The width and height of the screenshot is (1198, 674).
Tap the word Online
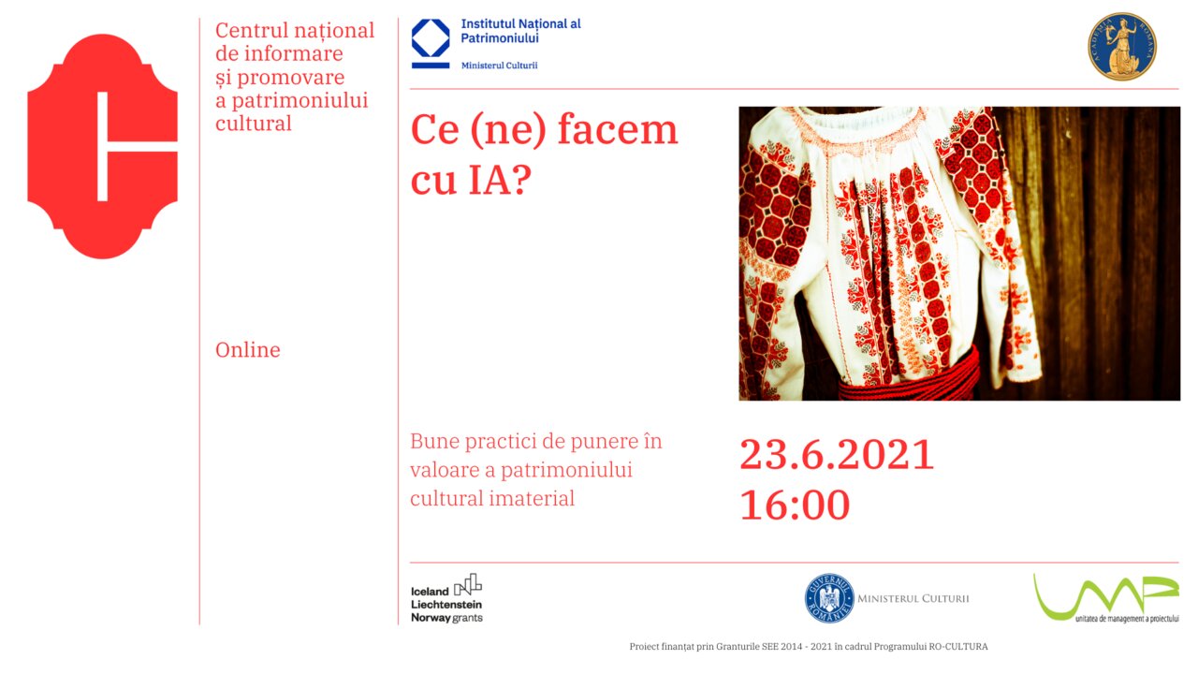248,350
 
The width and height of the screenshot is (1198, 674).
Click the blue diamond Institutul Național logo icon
431,43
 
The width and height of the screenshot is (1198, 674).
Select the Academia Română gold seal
1122,46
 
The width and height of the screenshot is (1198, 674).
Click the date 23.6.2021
837,455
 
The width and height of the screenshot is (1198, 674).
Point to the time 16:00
795,505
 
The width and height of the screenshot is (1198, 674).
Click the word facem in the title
617,129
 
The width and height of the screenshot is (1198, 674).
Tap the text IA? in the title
500,179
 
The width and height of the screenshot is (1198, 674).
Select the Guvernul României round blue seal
829,598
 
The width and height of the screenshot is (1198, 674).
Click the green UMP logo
1106,599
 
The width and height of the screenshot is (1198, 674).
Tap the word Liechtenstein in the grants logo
446,605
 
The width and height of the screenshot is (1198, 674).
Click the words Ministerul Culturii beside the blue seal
913,598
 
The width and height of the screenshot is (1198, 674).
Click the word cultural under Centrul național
254,124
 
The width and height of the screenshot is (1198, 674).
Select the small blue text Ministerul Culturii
499,66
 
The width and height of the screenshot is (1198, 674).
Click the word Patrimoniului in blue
500,38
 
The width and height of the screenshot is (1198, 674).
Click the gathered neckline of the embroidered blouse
855,128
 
